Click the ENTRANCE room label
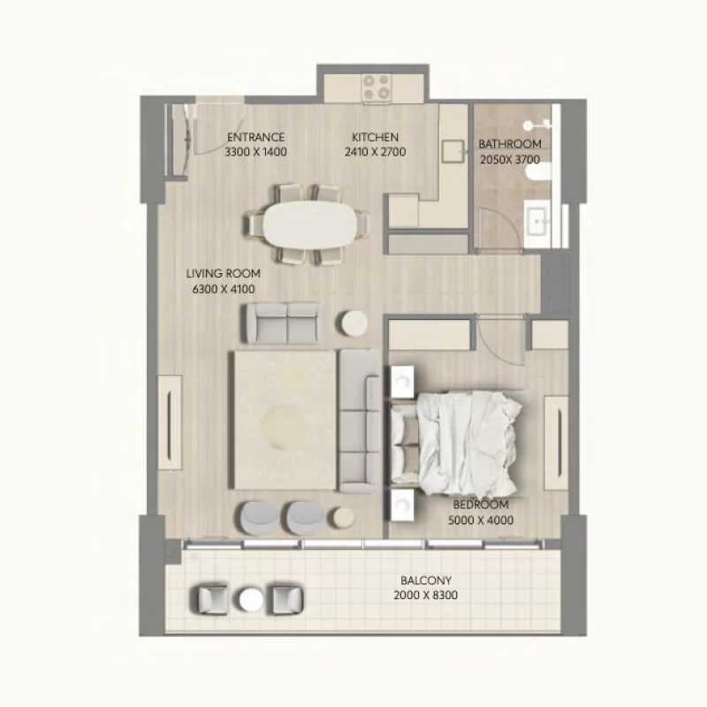coord(255,137)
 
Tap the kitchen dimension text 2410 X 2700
coord(375,152)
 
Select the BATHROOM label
coord(510,144)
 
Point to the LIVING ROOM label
coord(224,274)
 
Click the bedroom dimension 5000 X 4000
coord(481,521)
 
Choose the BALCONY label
coord(426,580)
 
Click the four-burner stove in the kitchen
coord(376,87)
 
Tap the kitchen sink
coord(452,151)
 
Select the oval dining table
coord(310,224)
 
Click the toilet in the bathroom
coord(539,171)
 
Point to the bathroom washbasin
coord(537,222)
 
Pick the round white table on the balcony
coord(251,600)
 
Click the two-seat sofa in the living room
coord(285,323)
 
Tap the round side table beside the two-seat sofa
coord(354,323)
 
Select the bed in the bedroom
coord(455,445)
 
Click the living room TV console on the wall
coord(170,423)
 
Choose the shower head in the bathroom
coord(528,125)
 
